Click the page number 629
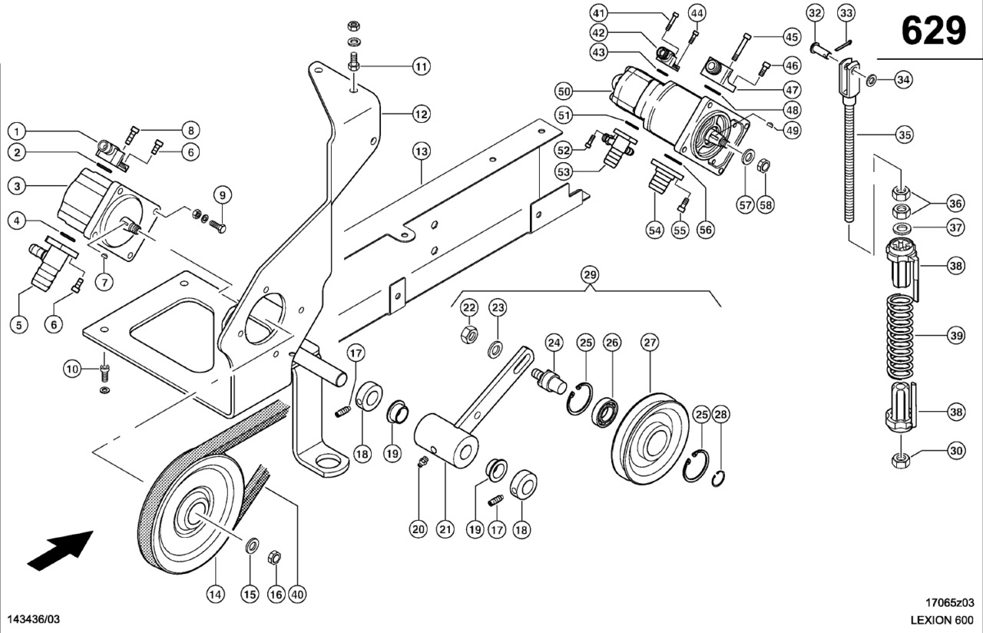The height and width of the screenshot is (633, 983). coord(933,31)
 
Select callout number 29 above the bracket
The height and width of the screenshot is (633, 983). coord(590,274)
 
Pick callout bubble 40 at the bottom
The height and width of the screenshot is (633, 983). coord(298,594)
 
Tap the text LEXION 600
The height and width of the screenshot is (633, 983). coord(942,620)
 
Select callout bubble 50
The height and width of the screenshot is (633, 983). coord(565,91)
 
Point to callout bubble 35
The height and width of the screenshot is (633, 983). coord(905,135)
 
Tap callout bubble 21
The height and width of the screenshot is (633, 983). coord(446,529)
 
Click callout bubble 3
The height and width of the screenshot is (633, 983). coord(17,185)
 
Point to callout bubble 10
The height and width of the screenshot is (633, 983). coord(72,370)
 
